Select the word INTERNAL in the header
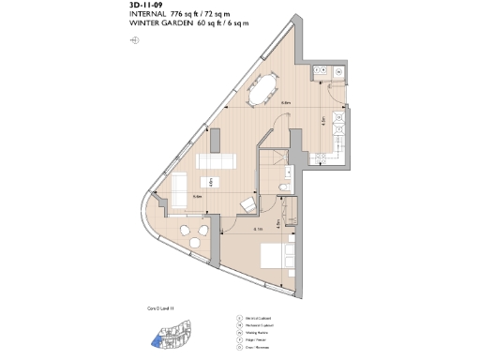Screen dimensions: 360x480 [150, 14]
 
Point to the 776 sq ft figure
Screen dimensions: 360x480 [188, 14]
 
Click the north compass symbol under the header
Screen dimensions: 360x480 [136, 39]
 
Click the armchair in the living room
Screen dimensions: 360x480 [248, 205]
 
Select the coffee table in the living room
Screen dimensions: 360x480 [208, 183]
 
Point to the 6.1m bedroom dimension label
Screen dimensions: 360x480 [257, 228]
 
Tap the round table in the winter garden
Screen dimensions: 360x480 [195, 243]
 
